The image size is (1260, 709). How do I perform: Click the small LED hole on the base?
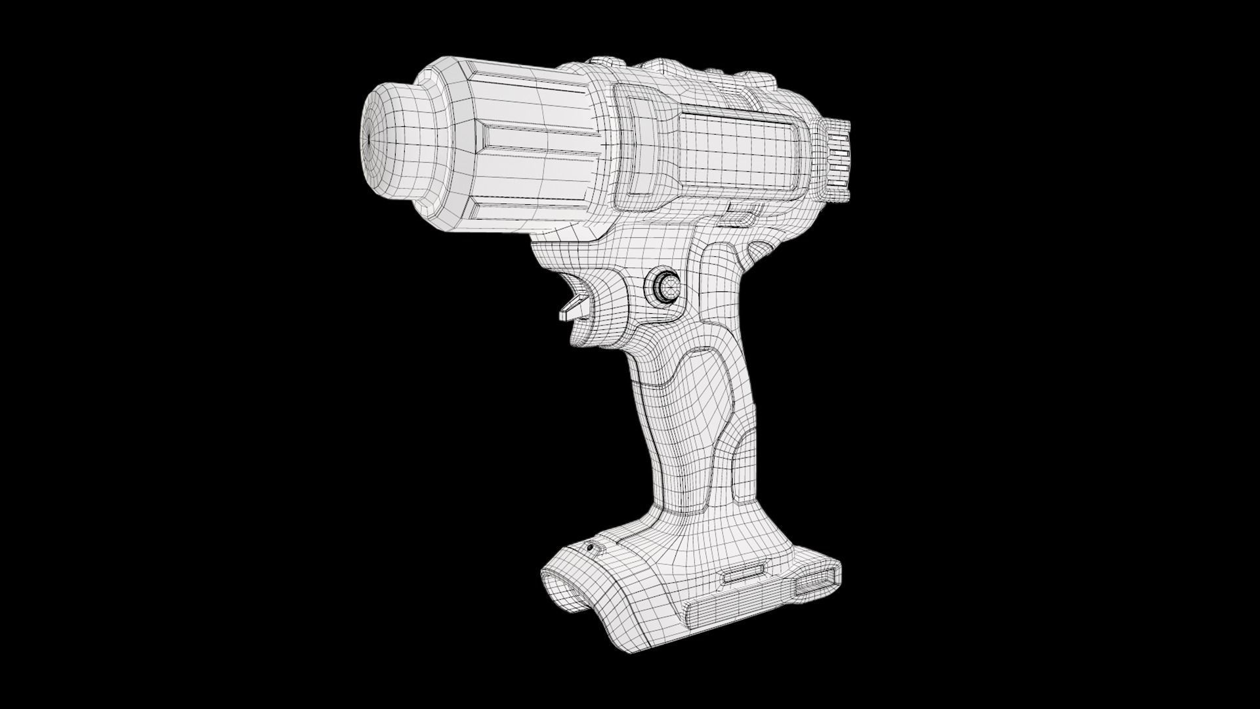590,547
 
